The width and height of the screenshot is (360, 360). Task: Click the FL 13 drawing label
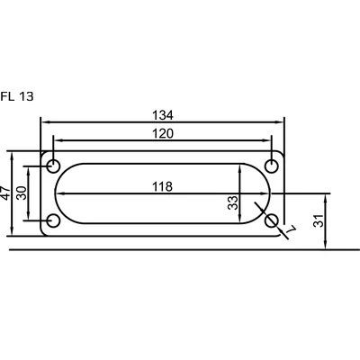[17, 96]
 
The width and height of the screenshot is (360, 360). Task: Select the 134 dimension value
[163, 115]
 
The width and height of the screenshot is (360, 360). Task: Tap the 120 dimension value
[163, 133]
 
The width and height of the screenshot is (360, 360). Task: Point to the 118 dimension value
[163, 186]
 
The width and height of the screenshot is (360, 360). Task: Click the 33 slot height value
[233, 202]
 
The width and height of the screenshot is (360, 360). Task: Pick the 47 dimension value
[5, 193]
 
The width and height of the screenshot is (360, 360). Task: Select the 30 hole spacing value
[22, 193]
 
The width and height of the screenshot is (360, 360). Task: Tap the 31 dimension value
[319, 220]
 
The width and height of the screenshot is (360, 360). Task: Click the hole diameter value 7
[291, 229]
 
